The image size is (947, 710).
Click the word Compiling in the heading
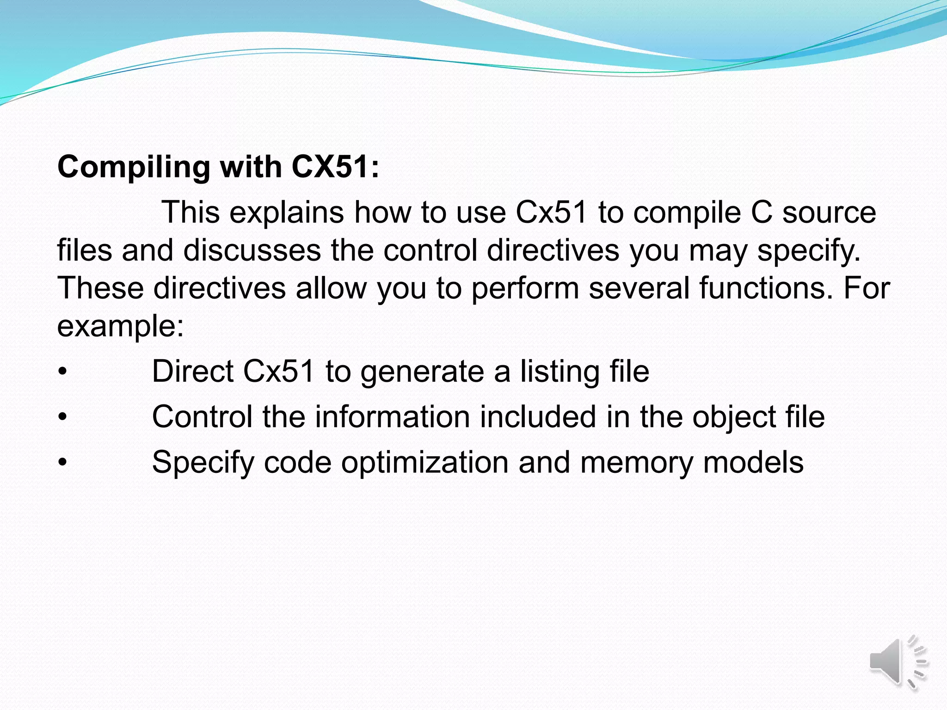pos(134,167)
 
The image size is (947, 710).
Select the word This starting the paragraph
pos(191,212)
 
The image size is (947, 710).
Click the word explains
pos(286,213)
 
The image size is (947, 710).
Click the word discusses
pos(252,250)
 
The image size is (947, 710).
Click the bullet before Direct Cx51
pos(63,372)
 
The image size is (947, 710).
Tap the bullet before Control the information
pos(63,417)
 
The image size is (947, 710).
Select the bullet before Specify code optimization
pos(63,462)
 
